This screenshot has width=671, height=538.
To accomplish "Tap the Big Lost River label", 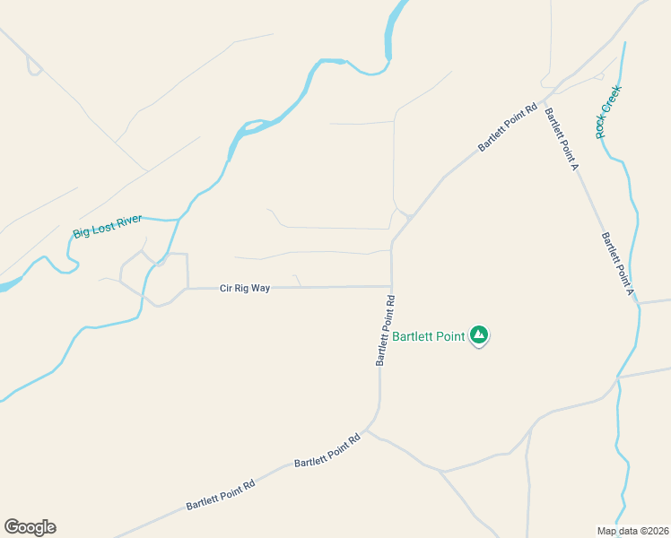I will (x=108, y=228).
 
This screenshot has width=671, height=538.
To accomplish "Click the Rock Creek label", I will (x=609, y=112).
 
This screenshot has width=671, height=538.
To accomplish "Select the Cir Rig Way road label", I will (x=245, y=289).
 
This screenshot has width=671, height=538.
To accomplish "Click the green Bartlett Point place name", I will (x=428, y=336).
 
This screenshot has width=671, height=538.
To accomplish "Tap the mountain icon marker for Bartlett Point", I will (x=479, y=335).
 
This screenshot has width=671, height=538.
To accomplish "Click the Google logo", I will (x=30, y=527).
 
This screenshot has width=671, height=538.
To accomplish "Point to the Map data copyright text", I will (x=633, y=531).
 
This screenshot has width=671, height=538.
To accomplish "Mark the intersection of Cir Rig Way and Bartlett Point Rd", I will (x=391, y=287).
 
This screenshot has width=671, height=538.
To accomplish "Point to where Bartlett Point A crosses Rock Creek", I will (x=639, y=305).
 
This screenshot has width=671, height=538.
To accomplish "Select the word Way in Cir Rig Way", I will (x=260, y=289).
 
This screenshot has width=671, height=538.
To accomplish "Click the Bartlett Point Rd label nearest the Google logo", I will (x=221, y=495).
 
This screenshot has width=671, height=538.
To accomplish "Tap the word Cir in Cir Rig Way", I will (x=226, y=289).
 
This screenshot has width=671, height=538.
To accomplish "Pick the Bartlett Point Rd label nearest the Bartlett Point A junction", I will (x=507, y=126).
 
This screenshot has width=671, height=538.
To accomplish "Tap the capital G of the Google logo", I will (x=12, y=527).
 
